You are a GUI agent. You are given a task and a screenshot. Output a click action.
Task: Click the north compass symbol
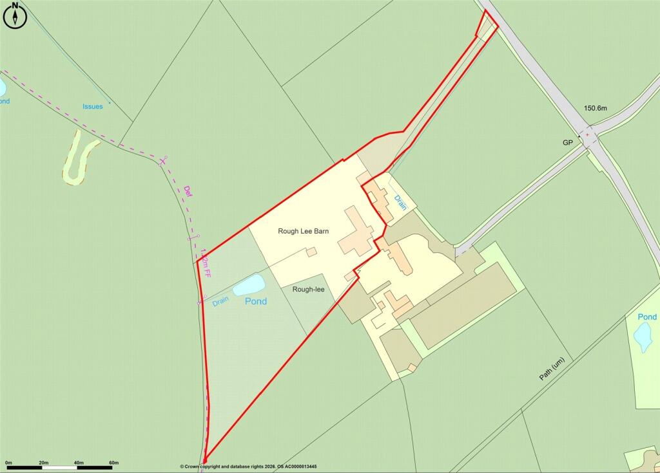[x=14, y=17]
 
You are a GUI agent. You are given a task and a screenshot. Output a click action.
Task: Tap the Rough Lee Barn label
[x=304, y=231]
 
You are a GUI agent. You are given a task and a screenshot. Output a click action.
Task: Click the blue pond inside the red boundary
[x=249, y=284]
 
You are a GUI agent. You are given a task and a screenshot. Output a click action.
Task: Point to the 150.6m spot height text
[x=596, y=108]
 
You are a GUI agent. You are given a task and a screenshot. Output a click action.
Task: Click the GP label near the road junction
[x=567, y=142]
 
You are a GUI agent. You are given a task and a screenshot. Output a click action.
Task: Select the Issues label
[x=92, y=106]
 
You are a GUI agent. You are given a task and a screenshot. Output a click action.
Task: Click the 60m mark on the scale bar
[x=113, y=463]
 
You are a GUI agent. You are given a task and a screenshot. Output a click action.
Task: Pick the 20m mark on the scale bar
[x=43, y=463]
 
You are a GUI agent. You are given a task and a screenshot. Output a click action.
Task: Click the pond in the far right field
[x=643, y=337]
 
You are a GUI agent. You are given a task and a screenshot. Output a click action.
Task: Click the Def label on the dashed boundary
[x=188, y=191]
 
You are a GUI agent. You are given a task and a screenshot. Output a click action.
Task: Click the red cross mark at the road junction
[x=587, y=134]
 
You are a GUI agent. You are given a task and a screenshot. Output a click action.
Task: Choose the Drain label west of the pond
[x=220, y=300]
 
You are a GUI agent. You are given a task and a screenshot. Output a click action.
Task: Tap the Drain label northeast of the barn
[x=400, y=203]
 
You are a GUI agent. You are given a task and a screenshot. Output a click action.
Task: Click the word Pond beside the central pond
[x=257, y=301]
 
